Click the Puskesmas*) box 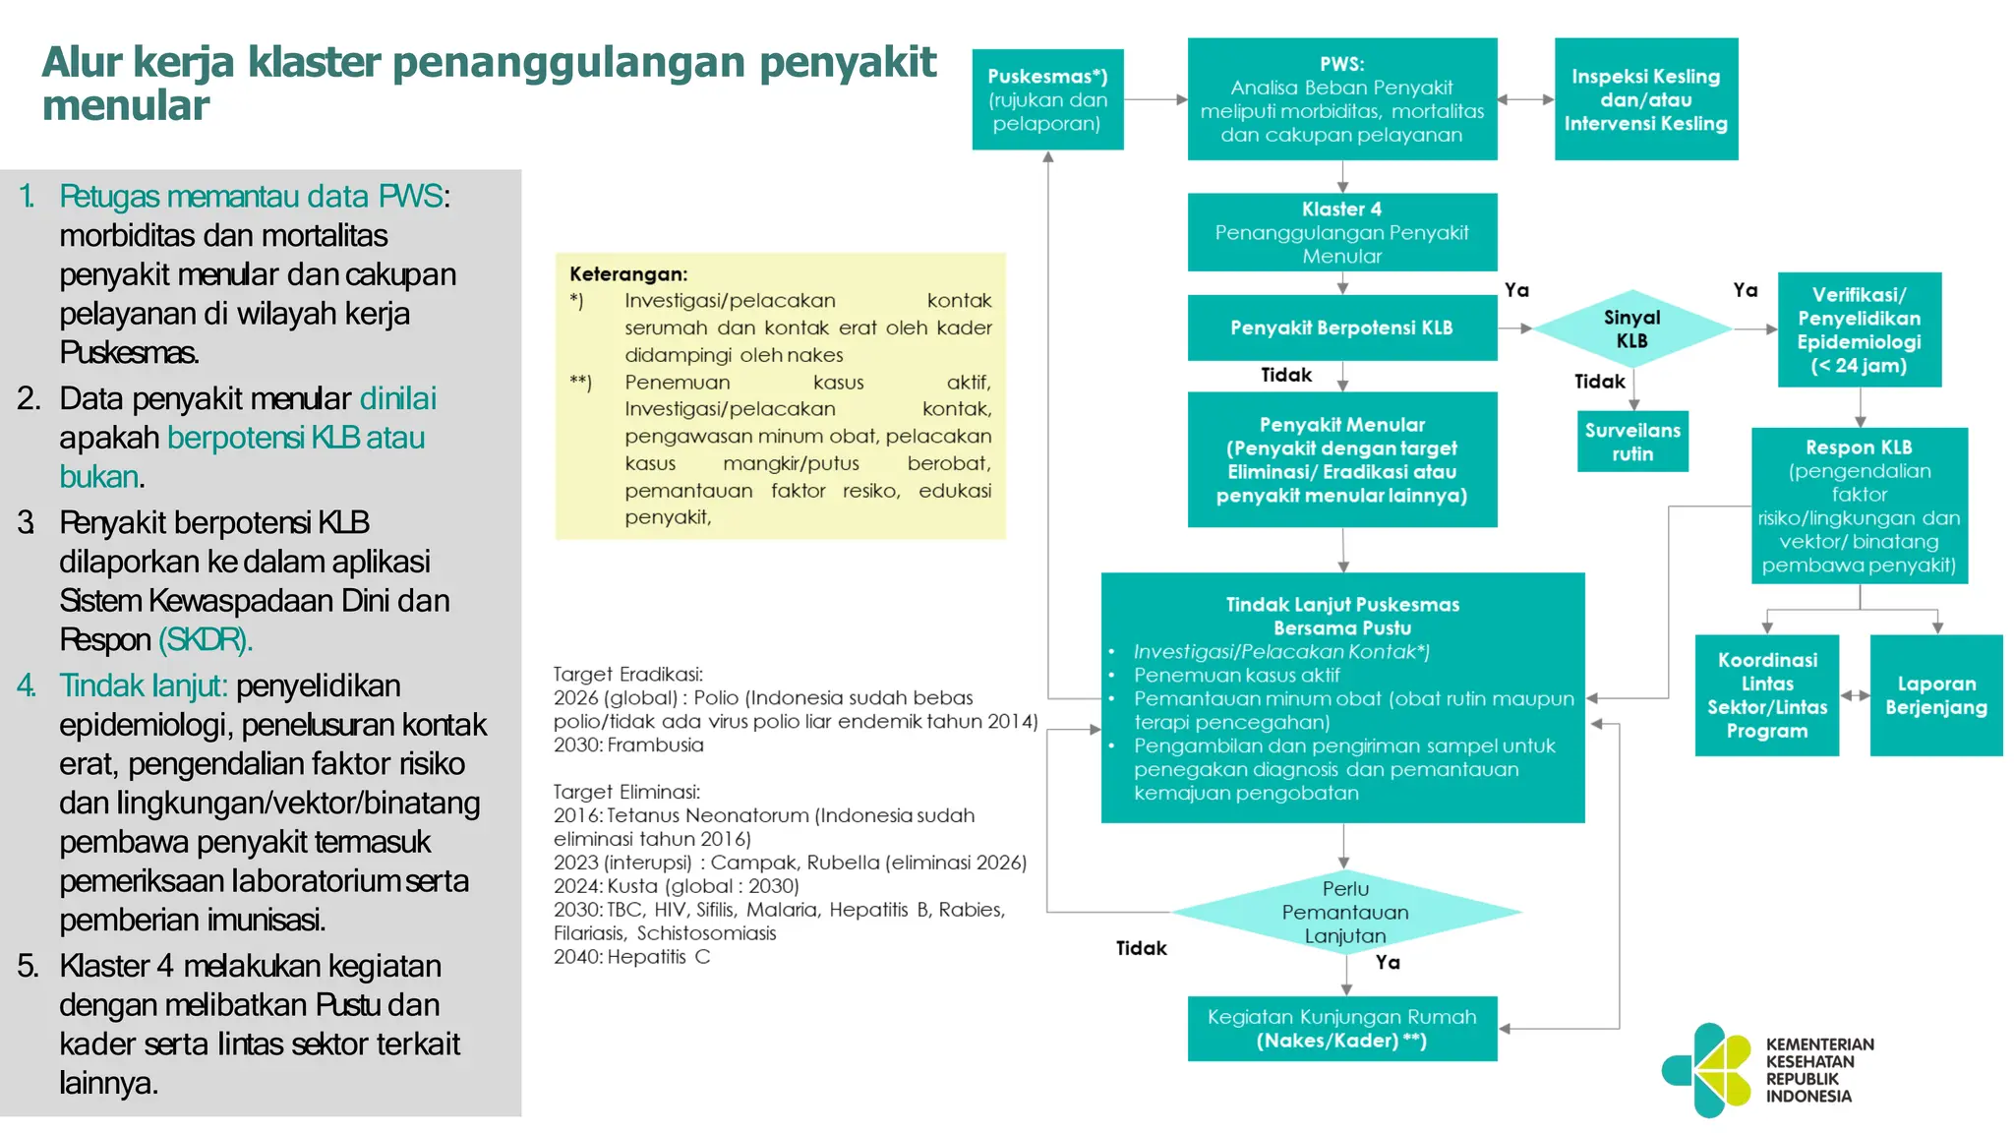pyautogui.click(x=1047, y=99)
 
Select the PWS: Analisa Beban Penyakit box pyautogui.click(x=1341, y=99)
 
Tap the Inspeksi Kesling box pyautogui.click(x=1645, y=99)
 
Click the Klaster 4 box pyautogui.click(x=1341, y=232)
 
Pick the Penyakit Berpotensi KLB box pyautogui.click(x=1341, y=328)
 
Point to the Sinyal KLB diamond pyautogui.click(x=1631, y=328)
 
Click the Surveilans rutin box pyautogui.click(x=1632, y=442)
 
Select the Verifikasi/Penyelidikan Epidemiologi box pyautogui.click(x=1859, y=329)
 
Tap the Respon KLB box pyautogui.click(x=1859, y=506)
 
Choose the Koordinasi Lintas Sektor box pyautogui.click(x=1766, y=695)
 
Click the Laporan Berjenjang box pyautogui.click(x=1935, y=695)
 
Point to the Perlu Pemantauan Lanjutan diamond pyautogui.click(x=1345, y=912)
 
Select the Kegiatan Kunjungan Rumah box pyautogui.click(x=1341, y=1029)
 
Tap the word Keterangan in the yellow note pyautogui.click(x=628, y=274)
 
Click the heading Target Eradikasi pyautogui.click(x=627, y=675)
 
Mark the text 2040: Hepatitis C pyautogui.click(x=631, y=957)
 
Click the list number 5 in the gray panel pyautogui.click(x=28, y=966)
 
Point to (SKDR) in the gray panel pyautogui.click(x=206, y=640)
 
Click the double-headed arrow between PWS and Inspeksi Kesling pyautogui.click(x=1525, y=99)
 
